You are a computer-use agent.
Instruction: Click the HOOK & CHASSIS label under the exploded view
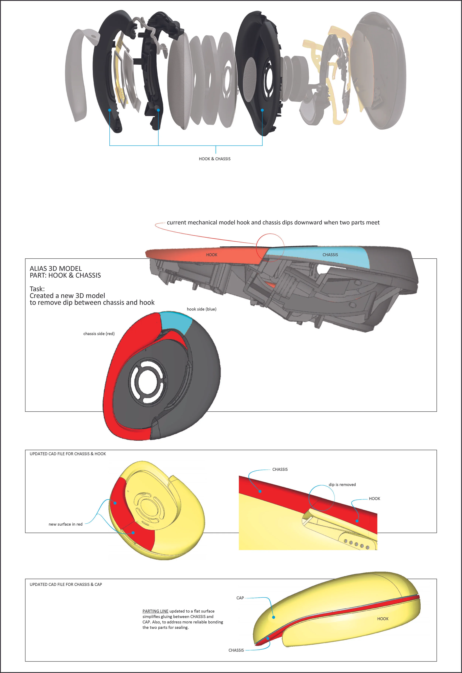coord(215,159)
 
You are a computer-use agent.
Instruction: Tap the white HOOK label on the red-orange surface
coord(212,255)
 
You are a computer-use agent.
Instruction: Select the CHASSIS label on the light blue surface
coord(330,255)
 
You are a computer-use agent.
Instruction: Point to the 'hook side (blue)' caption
coord(201,309)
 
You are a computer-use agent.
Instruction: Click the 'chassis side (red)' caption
coord(99,334)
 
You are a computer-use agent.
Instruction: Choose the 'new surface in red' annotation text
coord(65,524)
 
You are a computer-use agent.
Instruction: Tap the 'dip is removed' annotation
coord(342,485)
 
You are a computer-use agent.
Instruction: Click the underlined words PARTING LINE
coord(155,611)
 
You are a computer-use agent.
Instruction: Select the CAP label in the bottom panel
coord(240,598)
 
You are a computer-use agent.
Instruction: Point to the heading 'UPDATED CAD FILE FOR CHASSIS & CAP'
coord(66,584)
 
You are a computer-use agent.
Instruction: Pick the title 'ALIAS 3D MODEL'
coord(56,268)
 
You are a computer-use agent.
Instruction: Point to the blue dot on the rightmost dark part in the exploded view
coord(262,110)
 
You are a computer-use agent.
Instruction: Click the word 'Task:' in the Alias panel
coord(37,289)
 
